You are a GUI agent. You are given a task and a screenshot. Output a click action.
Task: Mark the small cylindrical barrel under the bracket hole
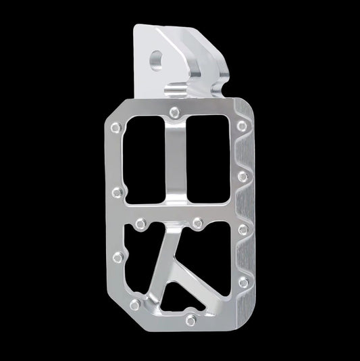177,91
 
